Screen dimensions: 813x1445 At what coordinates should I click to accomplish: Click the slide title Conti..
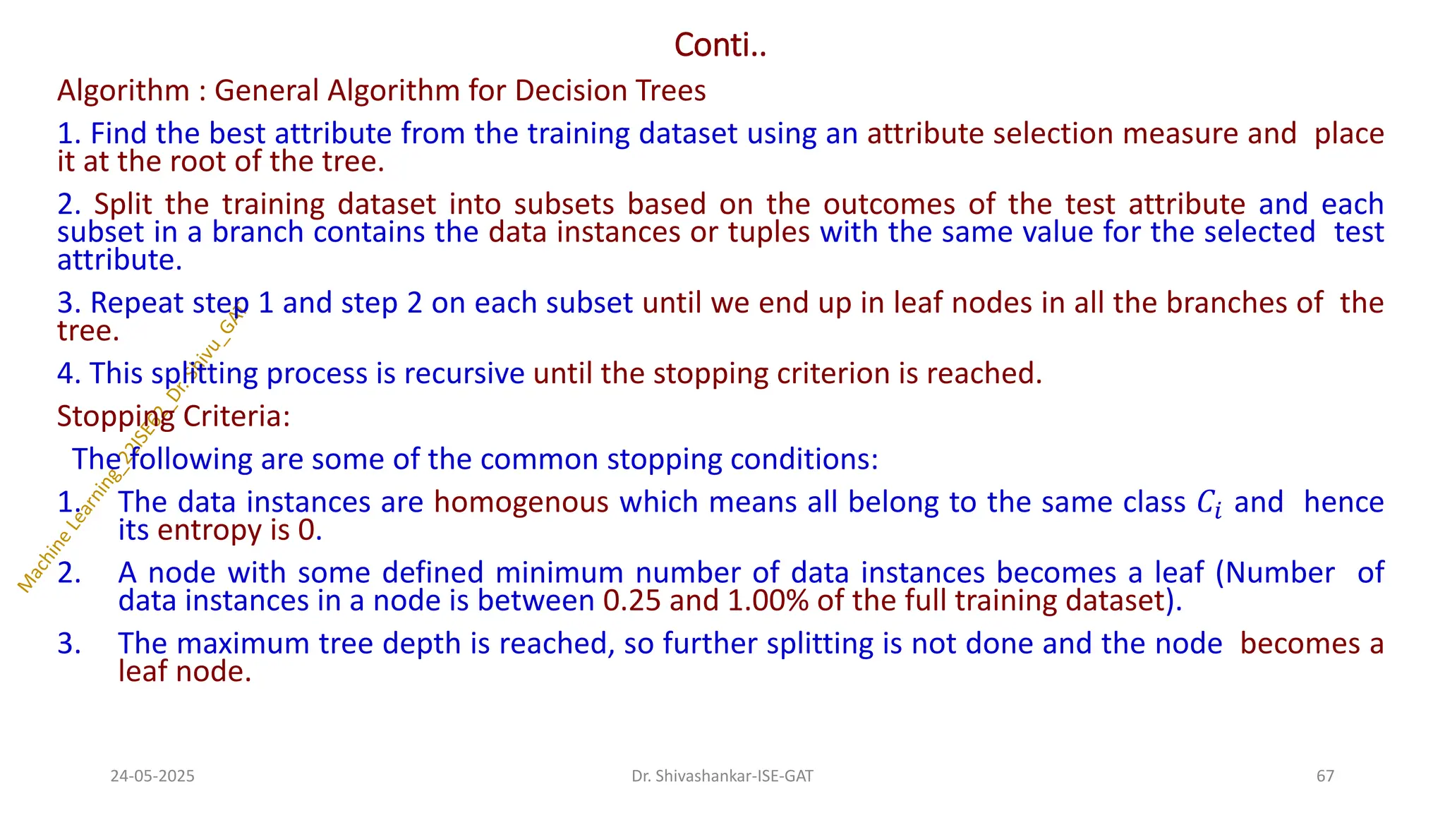click(x=720, y=45)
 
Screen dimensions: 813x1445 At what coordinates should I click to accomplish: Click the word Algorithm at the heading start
click(x=123, y=91)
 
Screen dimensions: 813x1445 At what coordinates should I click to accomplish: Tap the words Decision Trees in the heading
click(x=610, y=90)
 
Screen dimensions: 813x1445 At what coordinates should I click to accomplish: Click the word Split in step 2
click(x=123, y=204)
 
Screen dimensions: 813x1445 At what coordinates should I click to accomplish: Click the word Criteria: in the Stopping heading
click(x=236, y=416)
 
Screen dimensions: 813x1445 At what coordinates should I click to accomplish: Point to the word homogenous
click(x=521, y=502)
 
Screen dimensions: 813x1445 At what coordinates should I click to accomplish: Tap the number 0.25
click(x=631, y=601)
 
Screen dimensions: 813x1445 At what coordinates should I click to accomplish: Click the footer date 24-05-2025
click(x=152, y=776)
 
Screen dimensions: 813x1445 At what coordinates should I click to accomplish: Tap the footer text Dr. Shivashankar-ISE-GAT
click(x=722, y=776)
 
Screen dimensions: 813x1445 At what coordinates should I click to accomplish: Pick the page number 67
click(x=1325, y=776)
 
